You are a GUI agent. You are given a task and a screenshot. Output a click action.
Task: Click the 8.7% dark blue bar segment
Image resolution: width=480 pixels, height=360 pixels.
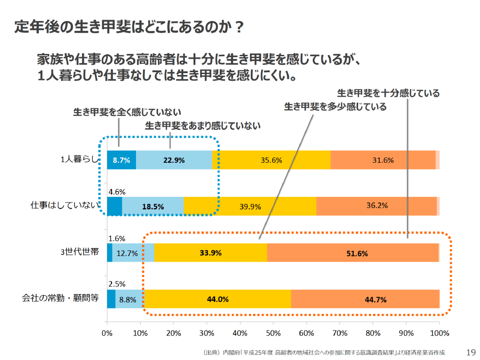click(x=121, y=160)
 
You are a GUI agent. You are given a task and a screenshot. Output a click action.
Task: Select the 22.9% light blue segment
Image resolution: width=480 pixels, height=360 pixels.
click(x=174, y=160)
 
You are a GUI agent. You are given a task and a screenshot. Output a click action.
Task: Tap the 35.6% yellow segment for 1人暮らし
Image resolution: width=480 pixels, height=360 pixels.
click(x=271, y=160)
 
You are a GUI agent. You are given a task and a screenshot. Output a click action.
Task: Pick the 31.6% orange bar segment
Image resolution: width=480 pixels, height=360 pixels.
click(x=383, y=160)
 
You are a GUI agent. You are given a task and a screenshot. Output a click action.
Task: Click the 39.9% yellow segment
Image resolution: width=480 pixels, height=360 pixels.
click(x=250, y=206)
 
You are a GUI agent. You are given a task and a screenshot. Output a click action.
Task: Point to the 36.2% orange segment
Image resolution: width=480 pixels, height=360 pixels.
click(x=376, y=205)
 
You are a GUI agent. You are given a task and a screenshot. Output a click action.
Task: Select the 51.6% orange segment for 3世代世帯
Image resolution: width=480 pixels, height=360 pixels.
click(x=352, y=253)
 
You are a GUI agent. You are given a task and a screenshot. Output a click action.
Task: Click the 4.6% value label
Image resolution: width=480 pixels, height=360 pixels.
click(x=116, y=191)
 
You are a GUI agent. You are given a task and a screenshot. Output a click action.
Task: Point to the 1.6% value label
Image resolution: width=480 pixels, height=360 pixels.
click(x=116, y=238)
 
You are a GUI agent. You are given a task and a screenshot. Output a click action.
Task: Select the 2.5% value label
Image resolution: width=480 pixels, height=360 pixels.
click(x=116, y=285)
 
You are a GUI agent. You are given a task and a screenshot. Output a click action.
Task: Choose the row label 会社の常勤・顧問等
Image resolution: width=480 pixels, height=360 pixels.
click(x=60, y=298)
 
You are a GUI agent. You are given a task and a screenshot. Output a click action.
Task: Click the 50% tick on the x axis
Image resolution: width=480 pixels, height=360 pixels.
click(x=273, y=333)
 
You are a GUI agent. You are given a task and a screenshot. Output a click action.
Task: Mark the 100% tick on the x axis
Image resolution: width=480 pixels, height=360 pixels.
click(x=439, y=333)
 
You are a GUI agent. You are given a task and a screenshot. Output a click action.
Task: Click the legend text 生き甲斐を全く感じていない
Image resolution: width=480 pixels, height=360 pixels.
click(x=127, y=112)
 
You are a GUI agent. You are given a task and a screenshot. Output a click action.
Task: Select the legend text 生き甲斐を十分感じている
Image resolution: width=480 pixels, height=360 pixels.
click(x=388, y=93)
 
